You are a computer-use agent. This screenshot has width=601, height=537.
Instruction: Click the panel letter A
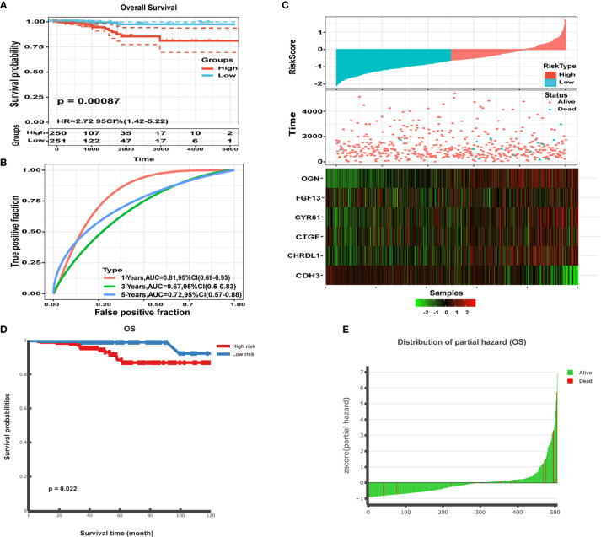coord(6,6)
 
